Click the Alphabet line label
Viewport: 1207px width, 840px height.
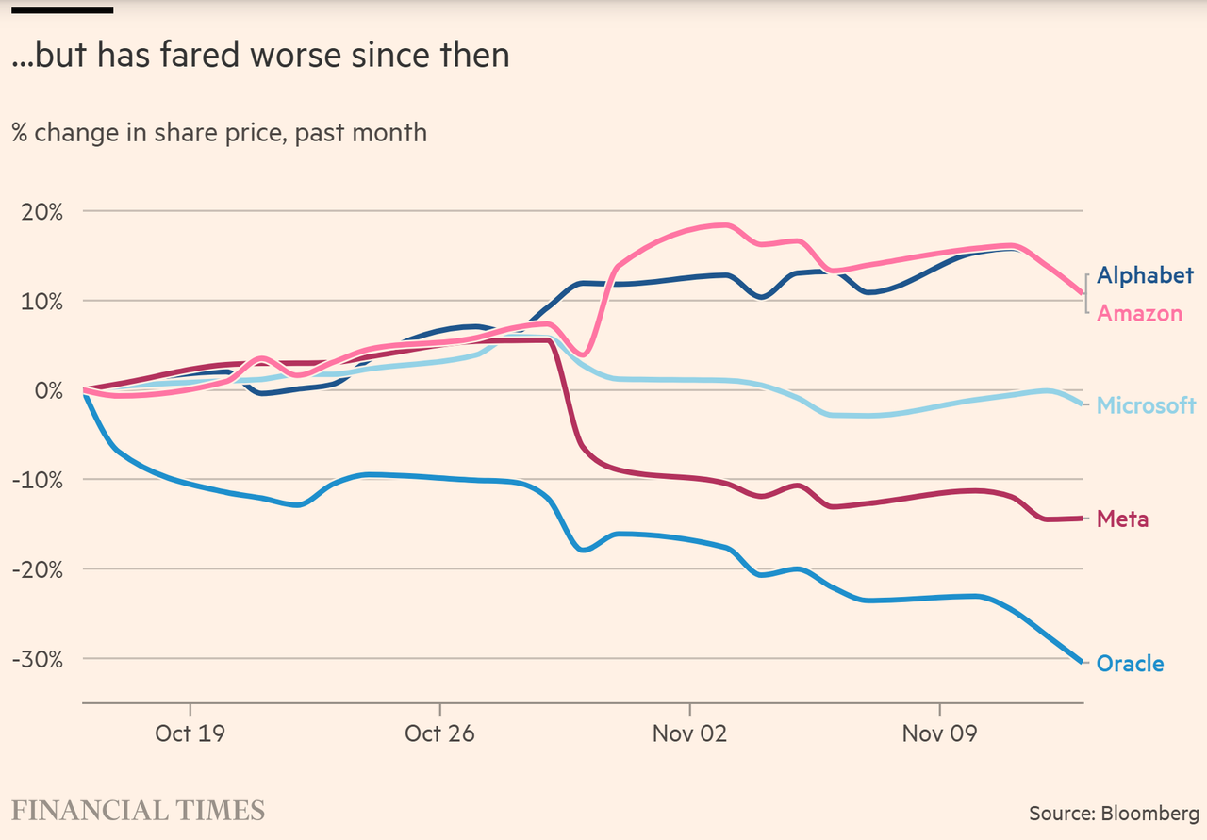(x=1145, y=275)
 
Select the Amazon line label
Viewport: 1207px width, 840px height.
(x=1139, y=314)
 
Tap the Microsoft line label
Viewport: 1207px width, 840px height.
(x=1146, y=405)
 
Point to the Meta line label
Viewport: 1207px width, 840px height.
(x=1122, y=519)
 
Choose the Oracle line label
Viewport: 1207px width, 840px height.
(x=1130, y=664)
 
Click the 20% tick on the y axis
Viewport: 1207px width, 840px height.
(x=42, y=212)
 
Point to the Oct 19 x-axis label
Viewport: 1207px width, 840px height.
(x=190, y=733)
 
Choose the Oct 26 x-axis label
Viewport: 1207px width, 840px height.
(x=440, y=733)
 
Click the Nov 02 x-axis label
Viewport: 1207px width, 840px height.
(x=690, y=733)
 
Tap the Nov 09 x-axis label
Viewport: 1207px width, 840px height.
(x=940, y=733)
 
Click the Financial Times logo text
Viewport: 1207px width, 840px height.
(x=138, y=810)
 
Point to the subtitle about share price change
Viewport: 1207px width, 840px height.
(x=219, y=133)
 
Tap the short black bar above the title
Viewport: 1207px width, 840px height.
(x=62, y=9)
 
